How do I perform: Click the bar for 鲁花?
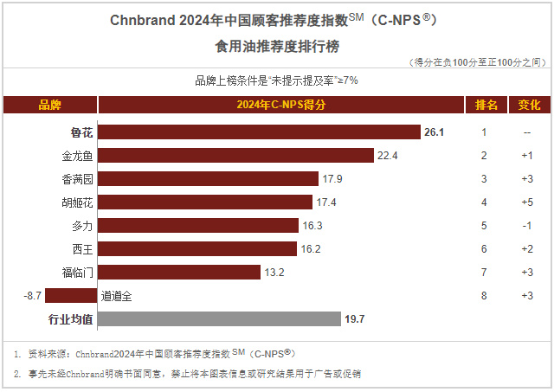pos(259,132)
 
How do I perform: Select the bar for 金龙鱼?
pos(235,155)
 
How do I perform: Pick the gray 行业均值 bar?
pos(219,318)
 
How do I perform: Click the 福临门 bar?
pos(179,272)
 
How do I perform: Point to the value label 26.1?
pos(434,132)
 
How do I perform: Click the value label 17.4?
pos(325,202)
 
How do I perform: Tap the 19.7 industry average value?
pos(355,318)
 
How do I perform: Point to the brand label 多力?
pos(82,225)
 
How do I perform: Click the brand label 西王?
pos(82,248)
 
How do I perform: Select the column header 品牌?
pos(50,106)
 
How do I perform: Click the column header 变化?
pos(528,106)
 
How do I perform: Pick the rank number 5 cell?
pos(485,225)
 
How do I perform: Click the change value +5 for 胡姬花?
pos(526,202)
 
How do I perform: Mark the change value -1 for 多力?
pos(526,225)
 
